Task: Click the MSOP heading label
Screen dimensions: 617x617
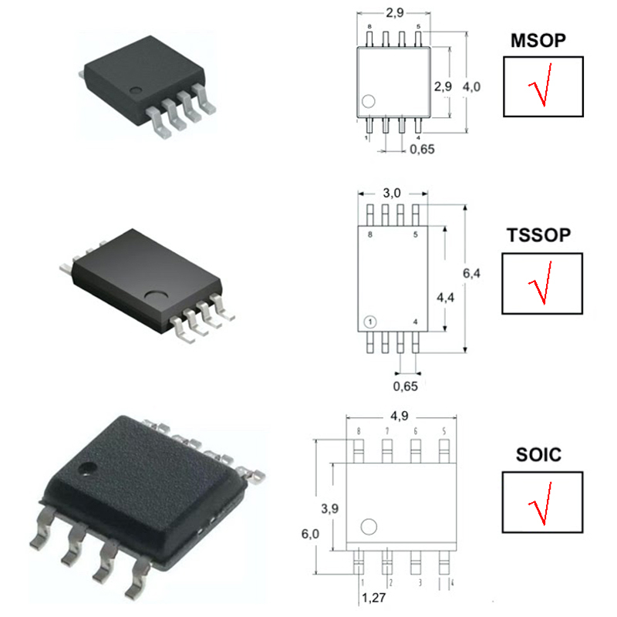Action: [538, 41]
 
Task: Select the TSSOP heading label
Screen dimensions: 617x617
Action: [538, 235]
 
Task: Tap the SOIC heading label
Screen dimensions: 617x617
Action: [538, 455]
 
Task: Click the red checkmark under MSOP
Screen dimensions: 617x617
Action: [541, 85]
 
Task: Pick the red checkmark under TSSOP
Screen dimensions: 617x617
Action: [541, 282]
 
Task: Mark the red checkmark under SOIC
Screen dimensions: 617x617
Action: [541, 504]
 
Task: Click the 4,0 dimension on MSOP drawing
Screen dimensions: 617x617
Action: [471, 86]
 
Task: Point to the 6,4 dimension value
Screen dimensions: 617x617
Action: [471, 273]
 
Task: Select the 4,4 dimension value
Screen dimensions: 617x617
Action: [446, 298]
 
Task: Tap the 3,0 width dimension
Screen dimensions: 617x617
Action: [392, 193]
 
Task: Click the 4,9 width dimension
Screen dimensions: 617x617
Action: [400, 416]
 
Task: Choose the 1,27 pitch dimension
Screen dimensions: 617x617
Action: [374, 598]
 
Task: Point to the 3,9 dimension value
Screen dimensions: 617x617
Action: [330, 508]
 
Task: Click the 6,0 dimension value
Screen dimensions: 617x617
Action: [310, 534]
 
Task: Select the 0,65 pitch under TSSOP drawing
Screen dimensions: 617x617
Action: [406, 386]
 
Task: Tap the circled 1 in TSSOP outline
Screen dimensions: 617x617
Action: [370, 322]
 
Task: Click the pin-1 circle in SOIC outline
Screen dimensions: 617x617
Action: [369, 527]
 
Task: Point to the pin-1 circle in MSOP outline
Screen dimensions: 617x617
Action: [369, 101]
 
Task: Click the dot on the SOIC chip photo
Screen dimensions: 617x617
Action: [87, 468]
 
